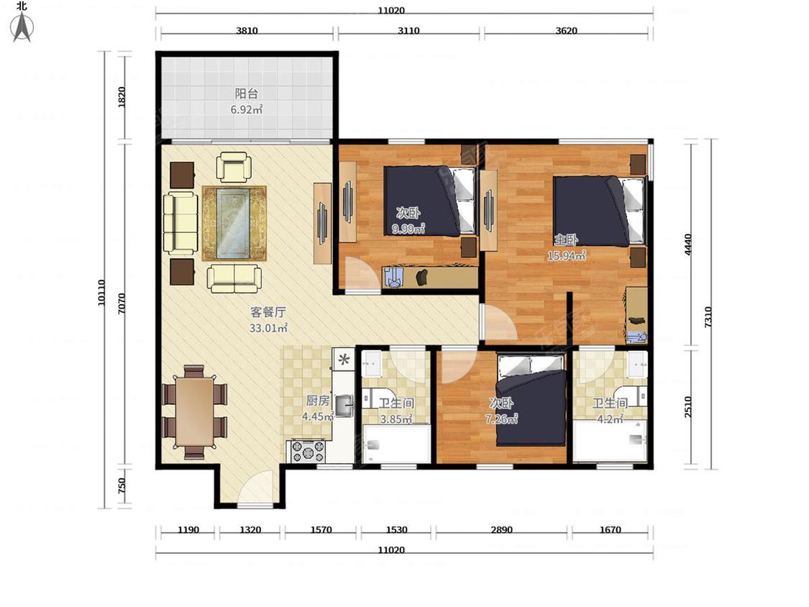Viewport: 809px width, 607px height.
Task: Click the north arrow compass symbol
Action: pos(22,27)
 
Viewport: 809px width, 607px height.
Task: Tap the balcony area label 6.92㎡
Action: pos(246,109)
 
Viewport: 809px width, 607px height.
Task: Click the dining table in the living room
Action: pos(194,412)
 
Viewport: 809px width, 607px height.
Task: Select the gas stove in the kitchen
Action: pos(308,451)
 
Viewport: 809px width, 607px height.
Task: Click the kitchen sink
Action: pos(344,405)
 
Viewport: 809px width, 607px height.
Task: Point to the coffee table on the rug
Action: pos(234,223)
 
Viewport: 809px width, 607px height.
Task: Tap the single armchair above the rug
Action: pos(234,166)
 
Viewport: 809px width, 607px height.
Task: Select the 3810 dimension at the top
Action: pos(247,30)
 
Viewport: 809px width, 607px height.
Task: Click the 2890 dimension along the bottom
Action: pos(501,529)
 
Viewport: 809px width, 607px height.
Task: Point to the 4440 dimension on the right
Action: pos(687,244)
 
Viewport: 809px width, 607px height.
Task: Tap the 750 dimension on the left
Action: pos(122,485)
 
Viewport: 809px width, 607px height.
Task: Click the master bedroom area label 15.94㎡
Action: pos(566,255)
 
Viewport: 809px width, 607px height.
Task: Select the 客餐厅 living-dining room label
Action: pos(268,312)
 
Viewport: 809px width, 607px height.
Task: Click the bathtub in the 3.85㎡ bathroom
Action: pos(396,444)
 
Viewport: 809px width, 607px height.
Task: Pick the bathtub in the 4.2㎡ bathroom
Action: pos(611,440)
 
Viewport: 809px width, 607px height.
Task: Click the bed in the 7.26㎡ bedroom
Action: pos(531,401)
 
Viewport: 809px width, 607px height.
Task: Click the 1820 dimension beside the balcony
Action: pos(122,97)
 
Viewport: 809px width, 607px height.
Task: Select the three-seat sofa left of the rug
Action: pos(180,224)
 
